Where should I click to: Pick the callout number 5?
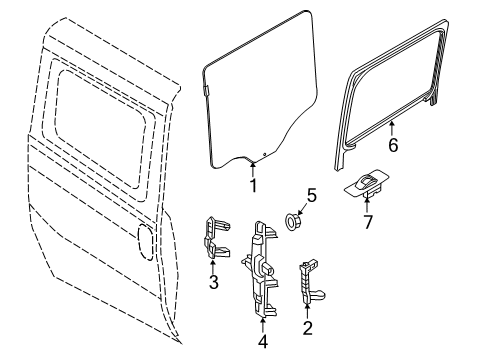coord(312,197)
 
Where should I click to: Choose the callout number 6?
coord(393,145)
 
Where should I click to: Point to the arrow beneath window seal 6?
coord(392,128)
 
